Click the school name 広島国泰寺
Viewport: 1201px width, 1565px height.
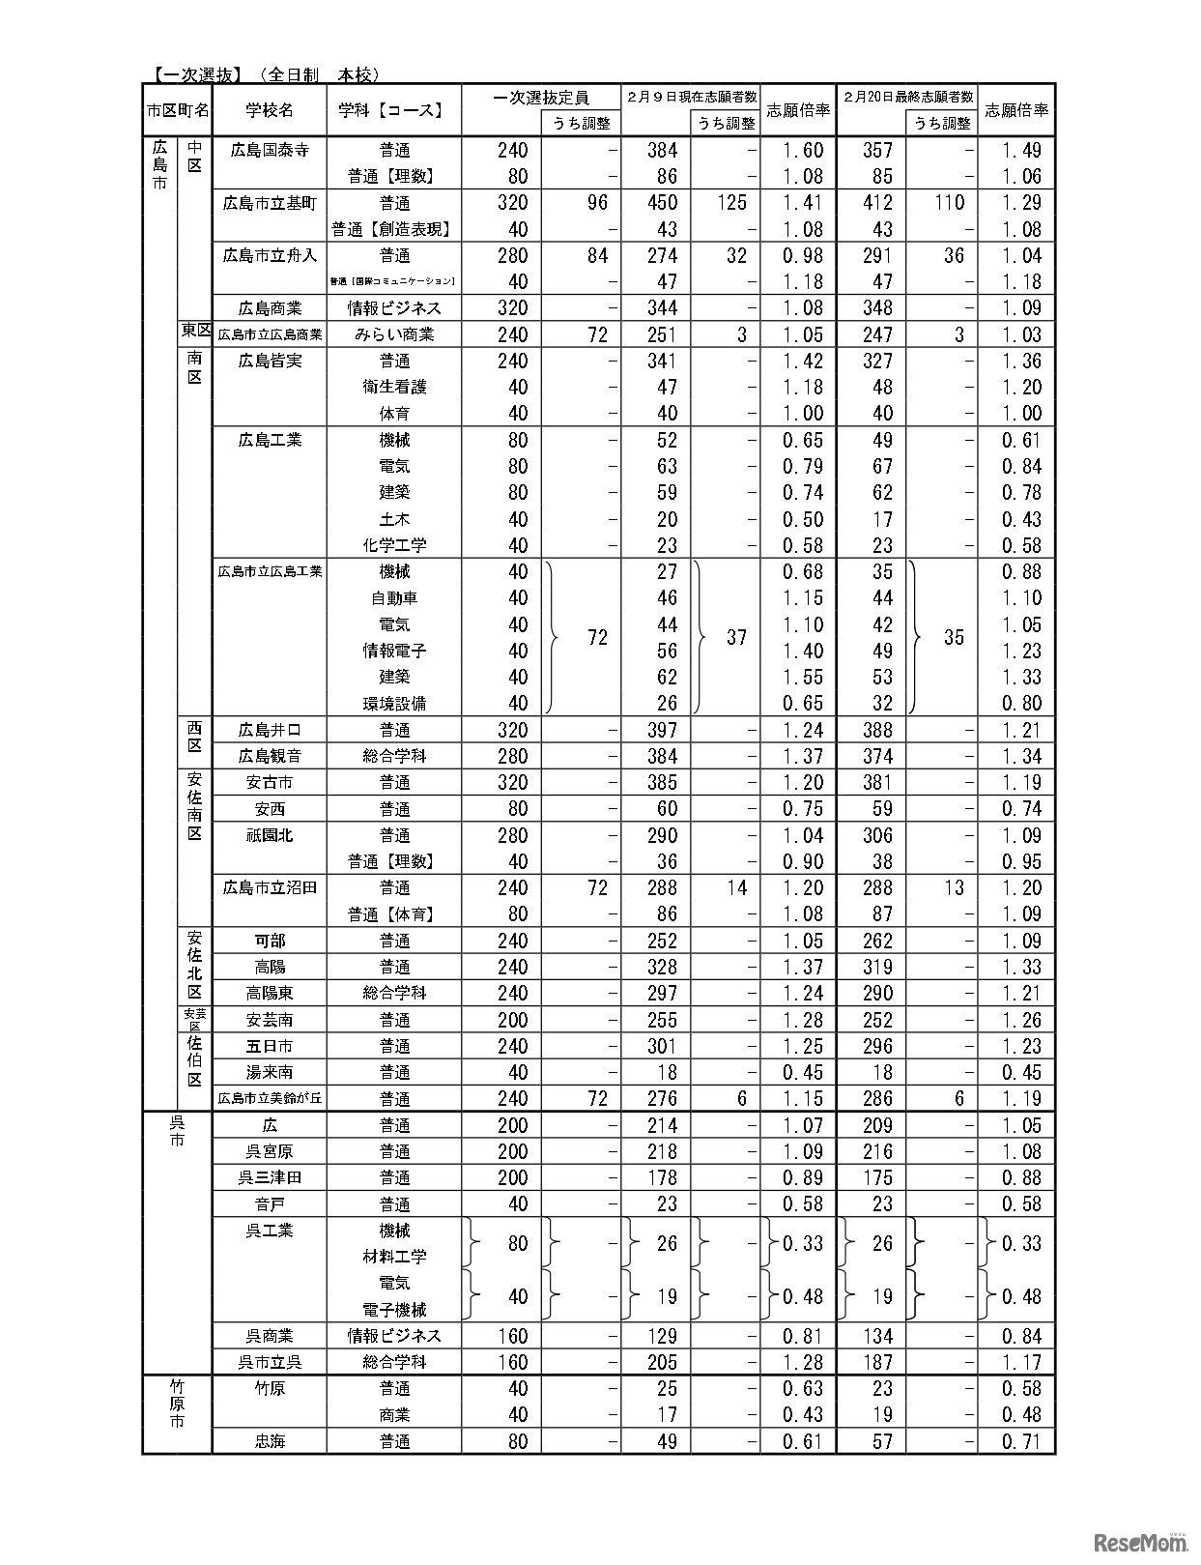[x=270, y=150]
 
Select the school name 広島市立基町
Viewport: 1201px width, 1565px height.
[x=270, y=203]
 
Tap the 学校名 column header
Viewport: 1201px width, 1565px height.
[x=270, y=110]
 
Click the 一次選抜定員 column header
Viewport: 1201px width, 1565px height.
[x=540, y=98]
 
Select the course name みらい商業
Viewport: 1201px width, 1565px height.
[x=394, y=334]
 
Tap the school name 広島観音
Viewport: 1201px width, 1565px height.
[x=270, y=756]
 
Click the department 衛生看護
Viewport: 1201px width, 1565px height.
[x=394, y=387]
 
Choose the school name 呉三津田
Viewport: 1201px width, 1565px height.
[x=270, y=1177]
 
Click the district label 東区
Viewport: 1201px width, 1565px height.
[x=195, y=331]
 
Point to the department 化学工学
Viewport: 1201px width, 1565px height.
[x=394, y=545]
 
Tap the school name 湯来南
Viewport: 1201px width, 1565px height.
[x=270, y=1072]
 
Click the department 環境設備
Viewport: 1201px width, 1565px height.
[x=394, y=703]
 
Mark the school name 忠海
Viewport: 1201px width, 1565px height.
[x=270, y=1441]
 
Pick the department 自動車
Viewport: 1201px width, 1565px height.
[x=394, y=598]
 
